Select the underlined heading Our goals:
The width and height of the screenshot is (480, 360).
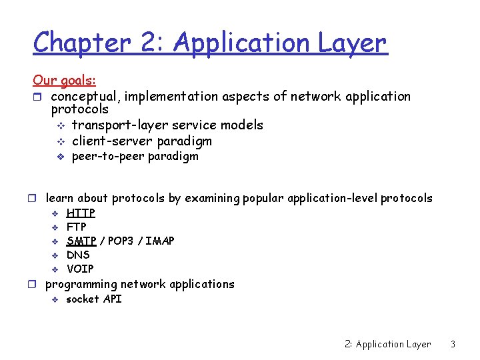pos(64,81)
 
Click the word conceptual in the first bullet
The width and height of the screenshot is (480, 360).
pos(83,97)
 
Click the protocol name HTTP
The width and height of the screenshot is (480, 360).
pos(81,213)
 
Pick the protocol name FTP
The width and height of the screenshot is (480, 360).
pos(76,227)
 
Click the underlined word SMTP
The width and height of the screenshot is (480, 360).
pos(81,241)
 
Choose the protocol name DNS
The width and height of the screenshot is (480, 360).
pos(78,255)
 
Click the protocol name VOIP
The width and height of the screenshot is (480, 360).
pos(80,269)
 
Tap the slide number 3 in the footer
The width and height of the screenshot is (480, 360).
pos(453,345)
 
